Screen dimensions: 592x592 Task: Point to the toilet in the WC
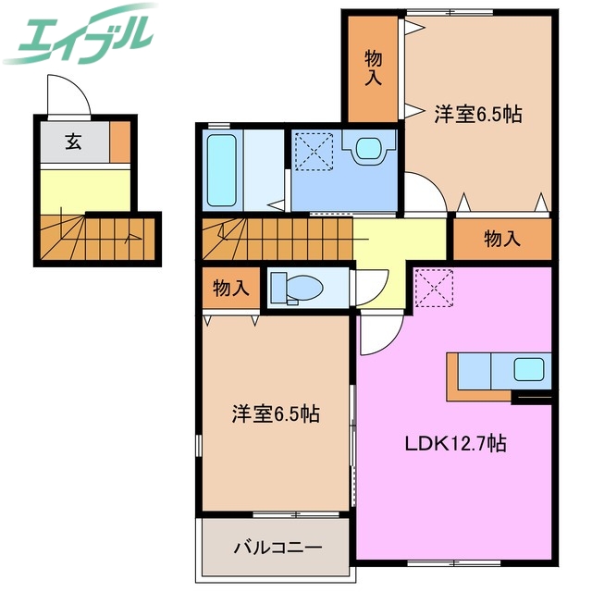click(x=294, y=288)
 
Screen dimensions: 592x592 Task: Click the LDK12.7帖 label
click(x=455, y=443)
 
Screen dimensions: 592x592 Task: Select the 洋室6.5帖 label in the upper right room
click(x=477, y=115)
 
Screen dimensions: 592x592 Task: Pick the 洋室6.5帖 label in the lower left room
click(x=275, y=413)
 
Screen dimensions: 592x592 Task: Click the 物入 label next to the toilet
click(x=230, y=288)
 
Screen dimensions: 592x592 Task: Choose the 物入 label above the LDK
click(x=501, y=240)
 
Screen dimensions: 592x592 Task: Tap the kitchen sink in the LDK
click(x=532, y=371)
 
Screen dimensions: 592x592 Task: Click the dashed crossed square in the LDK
click(x=431, y=287)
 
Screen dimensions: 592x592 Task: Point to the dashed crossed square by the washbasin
click(x=314, y=148)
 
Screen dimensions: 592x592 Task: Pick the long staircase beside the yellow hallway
click(x=277, y=240)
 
